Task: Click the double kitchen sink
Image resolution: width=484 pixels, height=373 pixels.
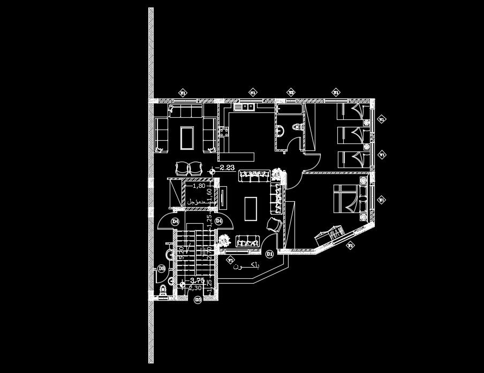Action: coord(247,107)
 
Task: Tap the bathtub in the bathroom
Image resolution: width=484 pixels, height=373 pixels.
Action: coord(289,110)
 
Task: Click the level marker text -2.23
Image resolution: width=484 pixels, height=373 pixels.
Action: coord(228,168)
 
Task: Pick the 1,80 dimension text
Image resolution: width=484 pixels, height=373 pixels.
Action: coord(199,186)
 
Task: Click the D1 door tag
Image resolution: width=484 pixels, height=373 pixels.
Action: coord(269,254)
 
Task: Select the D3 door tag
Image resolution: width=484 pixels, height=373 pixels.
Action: coord(198,299)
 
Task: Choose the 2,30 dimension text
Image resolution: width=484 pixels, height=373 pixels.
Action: coord(195,288)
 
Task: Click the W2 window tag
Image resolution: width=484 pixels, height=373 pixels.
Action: coord(291,92)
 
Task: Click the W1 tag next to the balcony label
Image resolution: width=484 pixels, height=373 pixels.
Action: coord(231,261)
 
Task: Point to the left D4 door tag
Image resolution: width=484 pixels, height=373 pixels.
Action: coord(175,221)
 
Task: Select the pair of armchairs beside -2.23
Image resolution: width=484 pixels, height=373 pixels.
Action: coord(187,168)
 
